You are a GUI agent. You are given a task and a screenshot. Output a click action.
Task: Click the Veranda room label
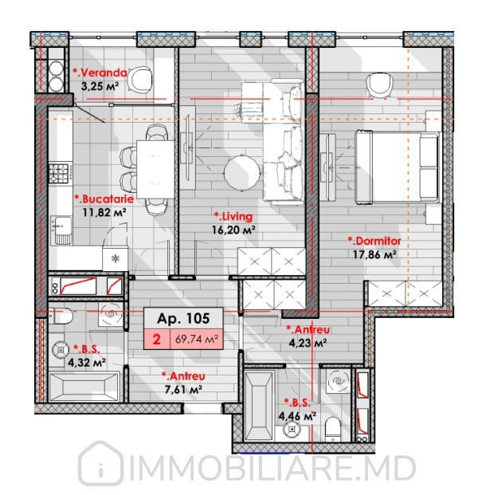(100, 73)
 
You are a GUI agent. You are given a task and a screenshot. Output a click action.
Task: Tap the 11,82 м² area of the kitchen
(104, 212)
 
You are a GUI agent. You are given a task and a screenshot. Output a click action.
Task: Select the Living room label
(233, 217)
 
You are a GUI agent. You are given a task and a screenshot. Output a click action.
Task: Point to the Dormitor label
(374, 242)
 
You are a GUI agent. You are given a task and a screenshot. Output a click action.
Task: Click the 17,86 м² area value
(374, 254)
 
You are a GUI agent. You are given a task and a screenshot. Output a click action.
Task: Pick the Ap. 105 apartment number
(183, 319)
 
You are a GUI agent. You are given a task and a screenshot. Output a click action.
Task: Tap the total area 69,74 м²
(197, 340)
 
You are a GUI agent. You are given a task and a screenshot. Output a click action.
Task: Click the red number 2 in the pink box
(156, 340)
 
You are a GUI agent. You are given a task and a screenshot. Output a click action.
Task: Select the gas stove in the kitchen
(59, 174)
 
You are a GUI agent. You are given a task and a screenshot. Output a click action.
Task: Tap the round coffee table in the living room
(242, 173)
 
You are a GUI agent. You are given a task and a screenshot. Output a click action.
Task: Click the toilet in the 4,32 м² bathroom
(61, 316)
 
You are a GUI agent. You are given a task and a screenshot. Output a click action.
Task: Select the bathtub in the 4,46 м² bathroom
(260, 406)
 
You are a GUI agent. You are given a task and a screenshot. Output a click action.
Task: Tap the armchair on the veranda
(139, 81)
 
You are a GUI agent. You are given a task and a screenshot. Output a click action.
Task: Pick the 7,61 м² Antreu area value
(183, 390)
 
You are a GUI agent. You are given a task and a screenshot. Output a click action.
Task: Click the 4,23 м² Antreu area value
(308, 343)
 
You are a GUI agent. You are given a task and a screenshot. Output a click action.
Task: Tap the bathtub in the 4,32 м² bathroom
(84, 387)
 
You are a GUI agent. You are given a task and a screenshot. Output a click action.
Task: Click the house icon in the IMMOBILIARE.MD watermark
(100, 464)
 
